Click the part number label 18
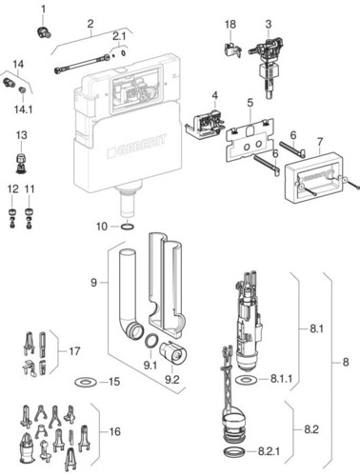click(x=230, y=25)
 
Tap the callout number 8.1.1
click(x=281, y=379)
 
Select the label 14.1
click(x=23, y=109)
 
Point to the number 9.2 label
click(x=172, y=380)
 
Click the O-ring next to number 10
click(x=128, y=227)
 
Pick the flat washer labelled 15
click(x=86, y=382)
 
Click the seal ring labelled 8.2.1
click(x=235, y=452)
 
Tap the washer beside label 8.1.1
click(x=247, y=380)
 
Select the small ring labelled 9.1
click(x=150, y=342)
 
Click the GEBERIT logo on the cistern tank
click(x=137, y=147)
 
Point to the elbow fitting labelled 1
click(x=44, y=33)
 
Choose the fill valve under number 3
click(x=269, y=66)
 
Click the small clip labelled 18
click(x=232, y=50)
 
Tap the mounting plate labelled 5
click(x=250, y=140)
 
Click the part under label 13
click(x=21, y=163)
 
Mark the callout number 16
click(x=115, y=431)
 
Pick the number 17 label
click(x=74, y=351)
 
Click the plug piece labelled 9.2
click(x=173, y=352)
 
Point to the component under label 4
click(x=205, y=125)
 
